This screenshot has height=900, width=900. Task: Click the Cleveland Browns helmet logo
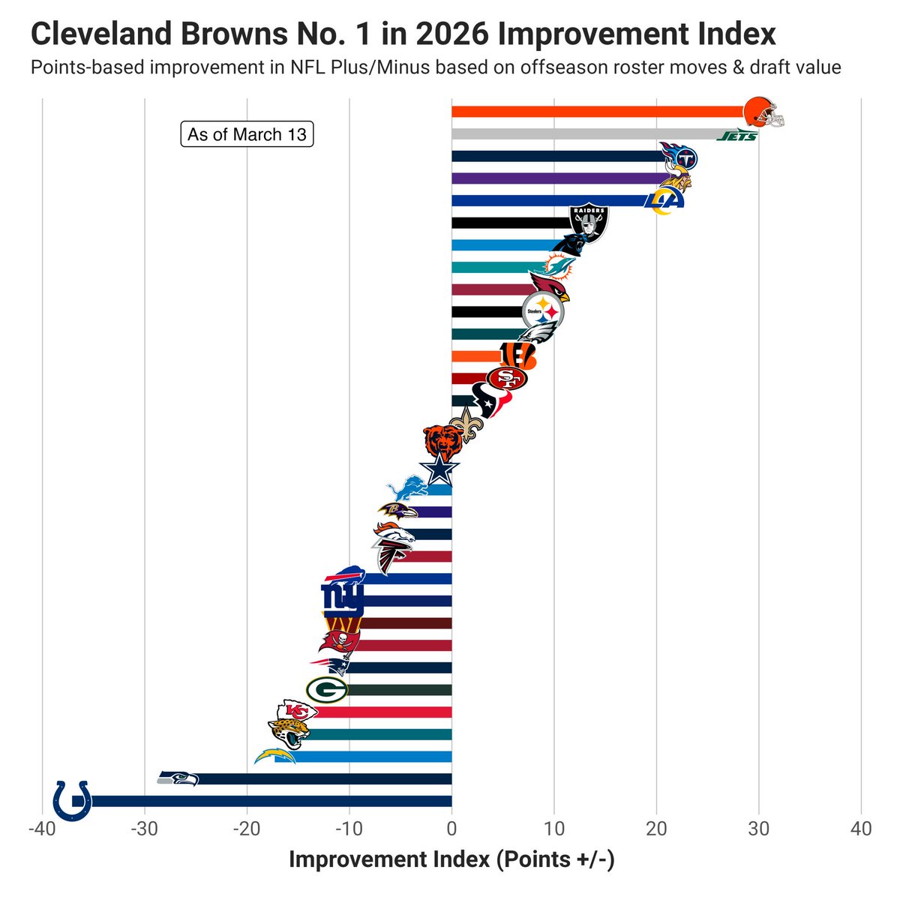pos(762,112)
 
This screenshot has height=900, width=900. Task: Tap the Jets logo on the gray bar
pos(736,136)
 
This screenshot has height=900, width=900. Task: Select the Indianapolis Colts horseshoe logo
pos(73,799)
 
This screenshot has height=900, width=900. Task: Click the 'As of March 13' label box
pos(247,134)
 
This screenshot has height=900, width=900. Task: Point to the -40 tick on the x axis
pos(41,829)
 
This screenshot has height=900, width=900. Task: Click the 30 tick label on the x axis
pos(758,829)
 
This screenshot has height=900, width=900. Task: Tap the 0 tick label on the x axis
pos(451,829)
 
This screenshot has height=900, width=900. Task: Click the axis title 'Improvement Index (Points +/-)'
pos(451,859)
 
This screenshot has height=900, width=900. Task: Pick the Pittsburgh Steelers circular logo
pos(542,310)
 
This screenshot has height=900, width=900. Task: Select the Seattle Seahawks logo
pos(178,778)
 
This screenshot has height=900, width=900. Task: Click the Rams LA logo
pos(665,200)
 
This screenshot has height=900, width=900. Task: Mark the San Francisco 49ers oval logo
pos(507,378)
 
